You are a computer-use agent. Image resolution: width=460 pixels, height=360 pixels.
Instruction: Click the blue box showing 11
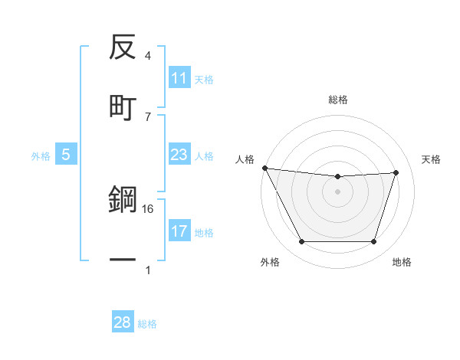pos(179,79)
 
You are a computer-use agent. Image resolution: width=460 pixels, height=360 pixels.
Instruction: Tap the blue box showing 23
pos(179,155)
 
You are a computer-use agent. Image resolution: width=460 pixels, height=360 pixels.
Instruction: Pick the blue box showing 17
pos(179,231)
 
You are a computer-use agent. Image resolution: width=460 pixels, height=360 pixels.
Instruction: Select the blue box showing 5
pos(66,155)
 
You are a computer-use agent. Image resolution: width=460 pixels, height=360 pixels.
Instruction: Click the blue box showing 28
pos(123,323)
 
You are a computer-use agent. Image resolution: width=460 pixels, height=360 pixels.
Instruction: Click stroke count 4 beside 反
pos(148,56)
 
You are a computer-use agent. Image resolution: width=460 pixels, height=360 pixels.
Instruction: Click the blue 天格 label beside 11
pos(204,80)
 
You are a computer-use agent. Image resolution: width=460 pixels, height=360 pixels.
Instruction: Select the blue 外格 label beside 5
pos(41,156)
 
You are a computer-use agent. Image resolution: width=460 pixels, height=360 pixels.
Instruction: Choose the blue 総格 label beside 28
pos(147,324)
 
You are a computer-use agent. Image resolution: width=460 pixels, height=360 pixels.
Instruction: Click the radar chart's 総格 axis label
pos(338,100)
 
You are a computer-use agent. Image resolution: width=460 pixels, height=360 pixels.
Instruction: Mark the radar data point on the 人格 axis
pos(264,168)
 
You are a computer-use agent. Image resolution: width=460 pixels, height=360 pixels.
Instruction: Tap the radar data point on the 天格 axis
pos(396,172)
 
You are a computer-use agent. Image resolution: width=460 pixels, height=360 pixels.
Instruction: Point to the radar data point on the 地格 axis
pos(373,241)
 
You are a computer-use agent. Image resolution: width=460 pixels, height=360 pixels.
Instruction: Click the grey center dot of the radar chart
pos(338,191)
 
